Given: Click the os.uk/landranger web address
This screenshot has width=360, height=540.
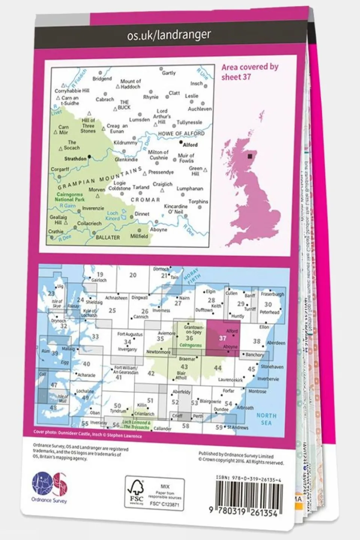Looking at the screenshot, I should coord(169,35).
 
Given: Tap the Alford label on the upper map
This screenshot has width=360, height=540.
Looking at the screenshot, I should coord(190,144).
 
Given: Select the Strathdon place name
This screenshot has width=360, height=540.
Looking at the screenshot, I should coord(75,159).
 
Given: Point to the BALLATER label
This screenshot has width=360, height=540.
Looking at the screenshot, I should coord(108,238).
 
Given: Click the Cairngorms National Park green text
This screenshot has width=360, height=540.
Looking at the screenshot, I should coord(69,197).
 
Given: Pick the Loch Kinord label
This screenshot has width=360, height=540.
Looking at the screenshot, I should coord(113,216).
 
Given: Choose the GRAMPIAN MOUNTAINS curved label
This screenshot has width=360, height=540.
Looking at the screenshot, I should coord(99,179).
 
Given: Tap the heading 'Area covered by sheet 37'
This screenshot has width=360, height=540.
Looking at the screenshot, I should coord(250,72).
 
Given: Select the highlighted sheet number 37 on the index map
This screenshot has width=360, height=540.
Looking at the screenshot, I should coord(223,338).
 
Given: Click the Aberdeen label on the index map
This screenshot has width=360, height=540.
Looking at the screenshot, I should coord(276,343).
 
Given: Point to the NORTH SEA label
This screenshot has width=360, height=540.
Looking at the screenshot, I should coord(266,419).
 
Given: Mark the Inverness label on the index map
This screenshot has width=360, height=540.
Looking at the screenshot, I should coord(161,310).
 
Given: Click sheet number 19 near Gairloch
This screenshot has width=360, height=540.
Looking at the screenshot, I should coord(99,275).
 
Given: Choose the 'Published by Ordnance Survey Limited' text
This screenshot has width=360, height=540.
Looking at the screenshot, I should coord(236,455).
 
